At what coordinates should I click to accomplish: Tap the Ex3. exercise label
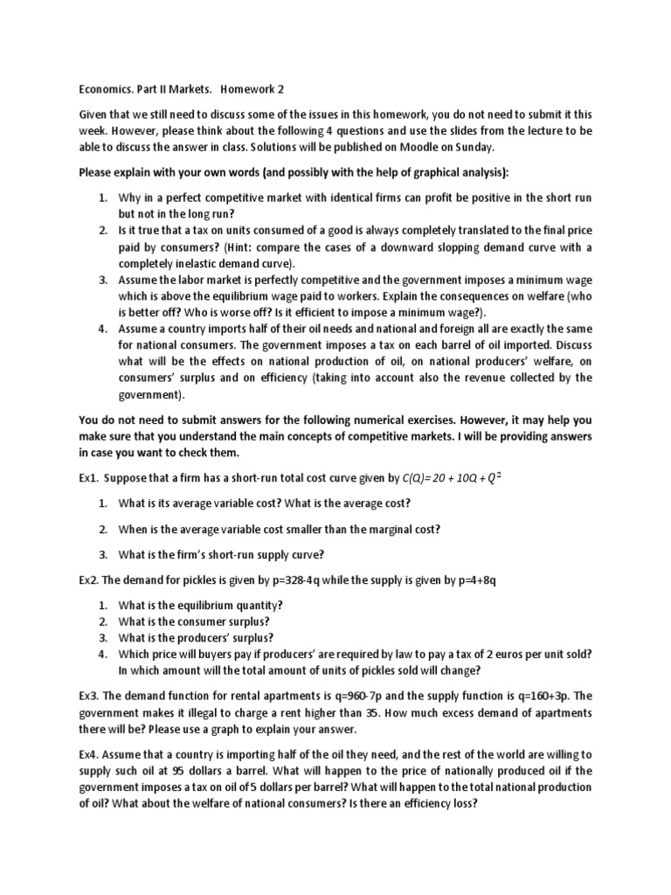[x=91, y=696]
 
